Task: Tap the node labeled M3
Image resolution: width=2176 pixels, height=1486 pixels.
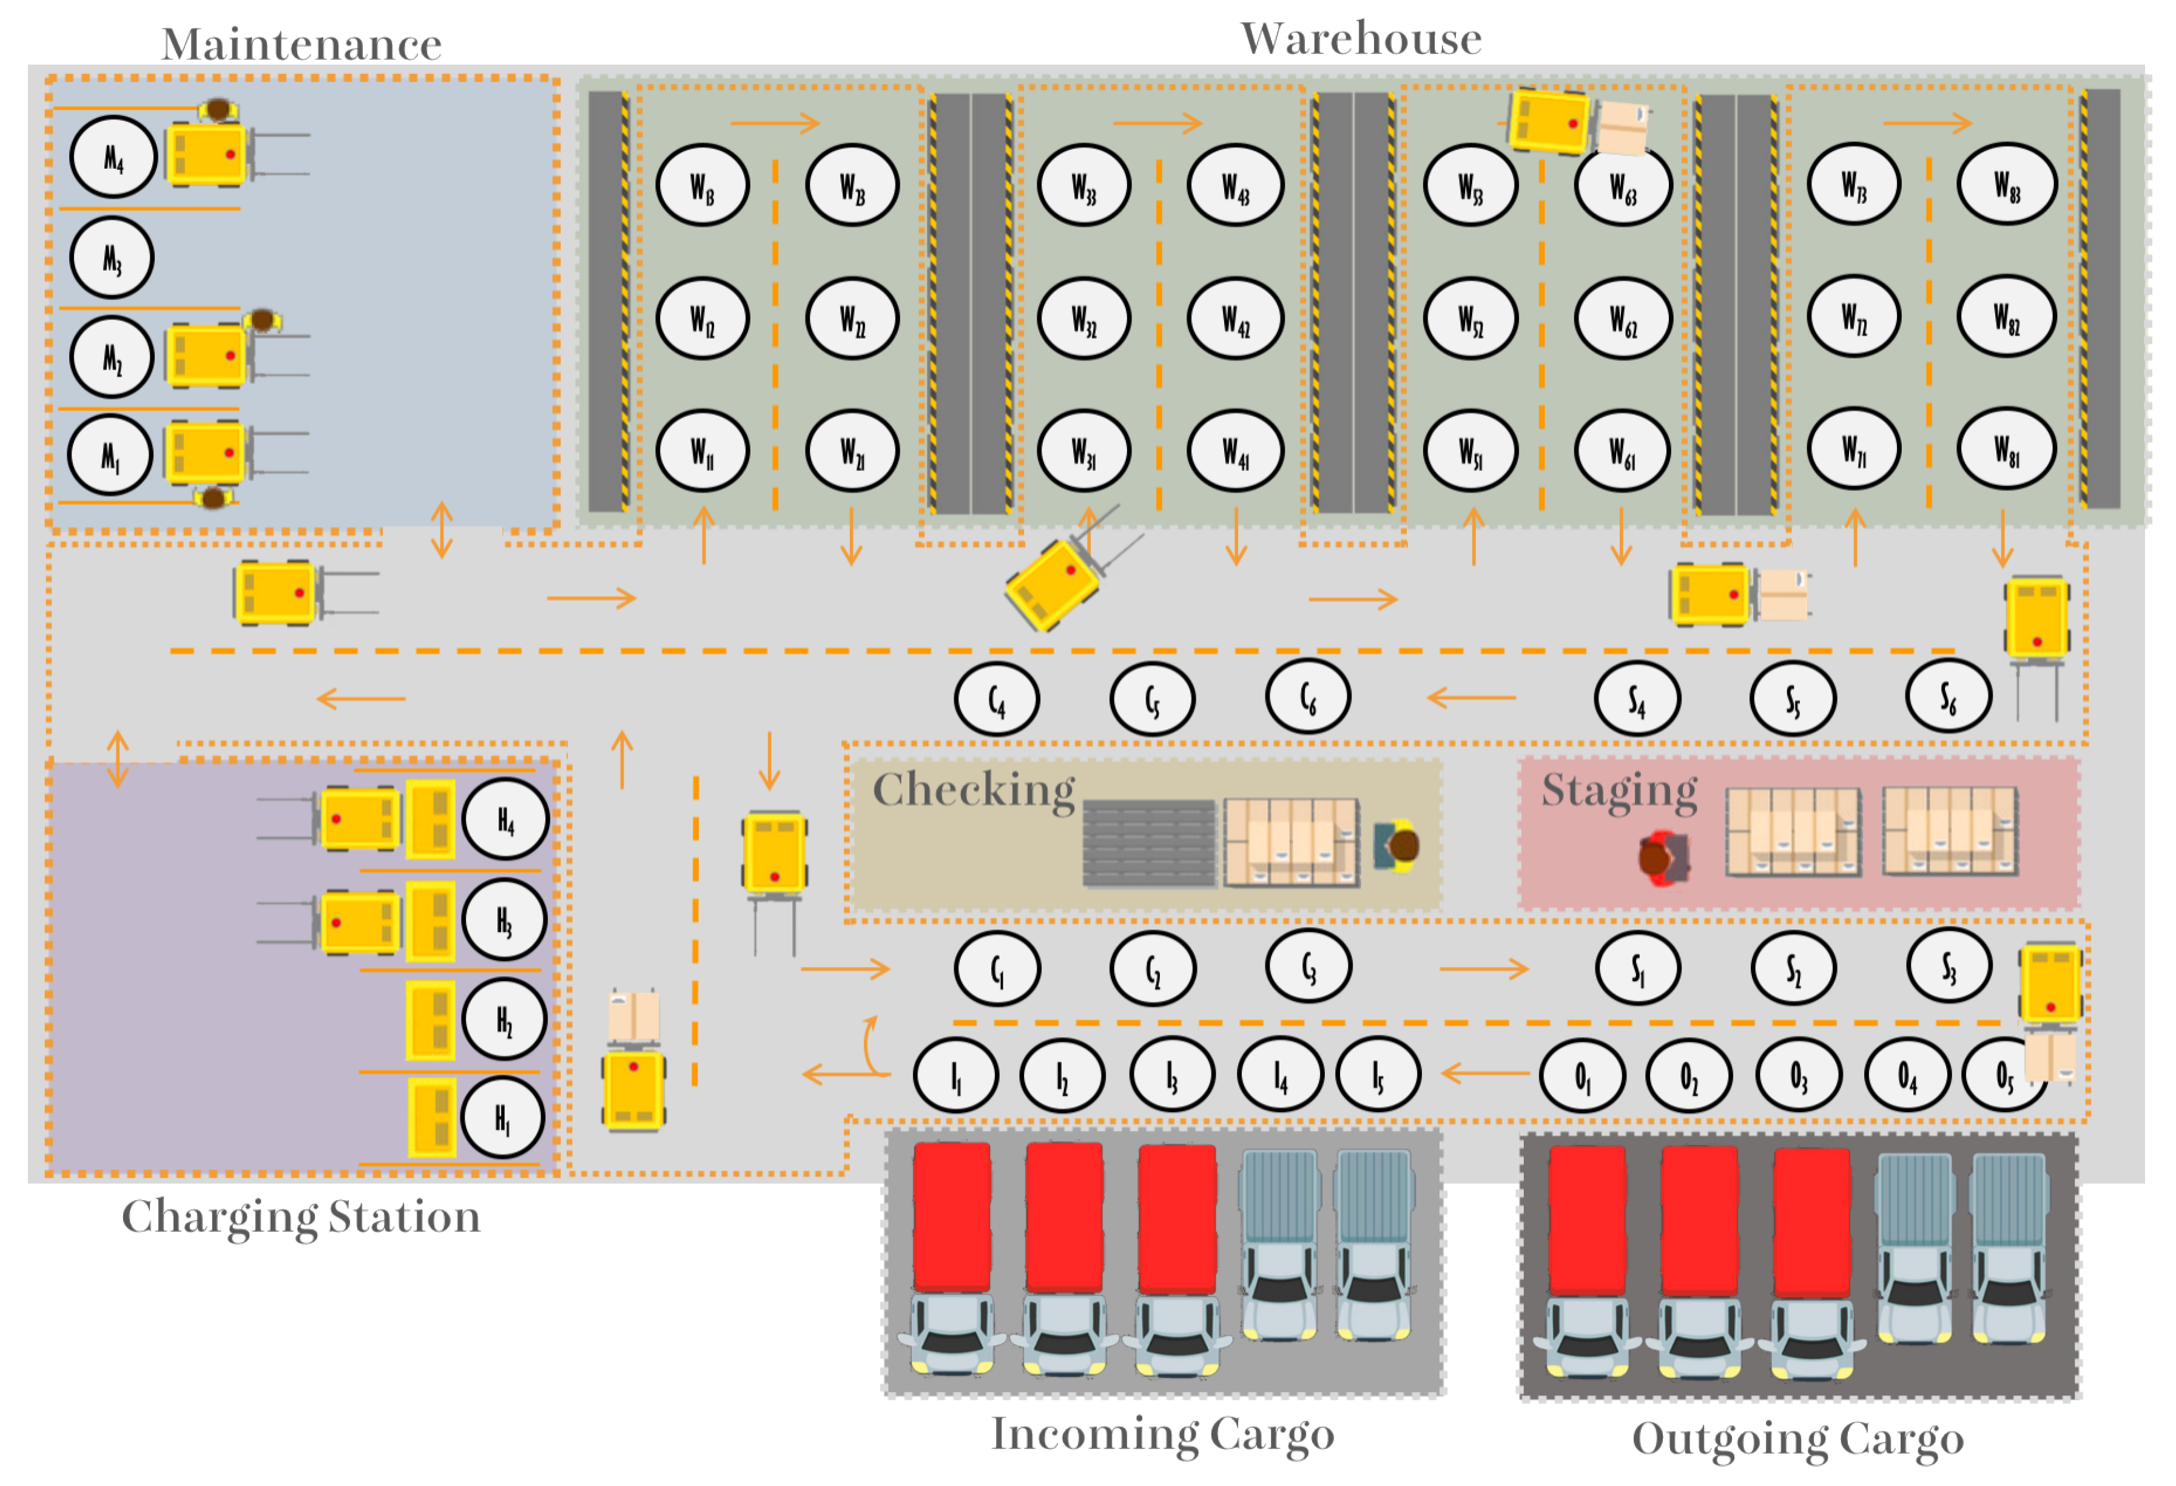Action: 112,257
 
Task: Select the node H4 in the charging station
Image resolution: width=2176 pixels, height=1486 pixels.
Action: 505,820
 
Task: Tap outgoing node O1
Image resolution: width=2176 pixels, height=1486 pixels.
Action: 1581,1076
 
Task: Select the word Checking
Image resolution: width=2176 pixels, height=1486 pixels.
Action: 974,789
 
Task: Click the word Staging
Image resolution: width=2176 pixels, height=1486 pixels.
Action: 1620,789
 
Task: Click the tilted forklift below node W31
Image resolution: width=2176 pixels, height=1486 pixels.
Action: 1053,585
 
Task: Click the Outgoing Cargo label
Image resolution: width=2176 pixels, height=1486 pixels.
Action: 1797,1439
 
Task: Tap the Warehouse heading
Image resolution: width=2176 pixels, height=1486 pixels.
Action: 1361,38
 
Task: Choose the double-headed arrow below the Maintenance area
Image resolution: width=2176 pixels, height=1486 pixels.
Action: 442,530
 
